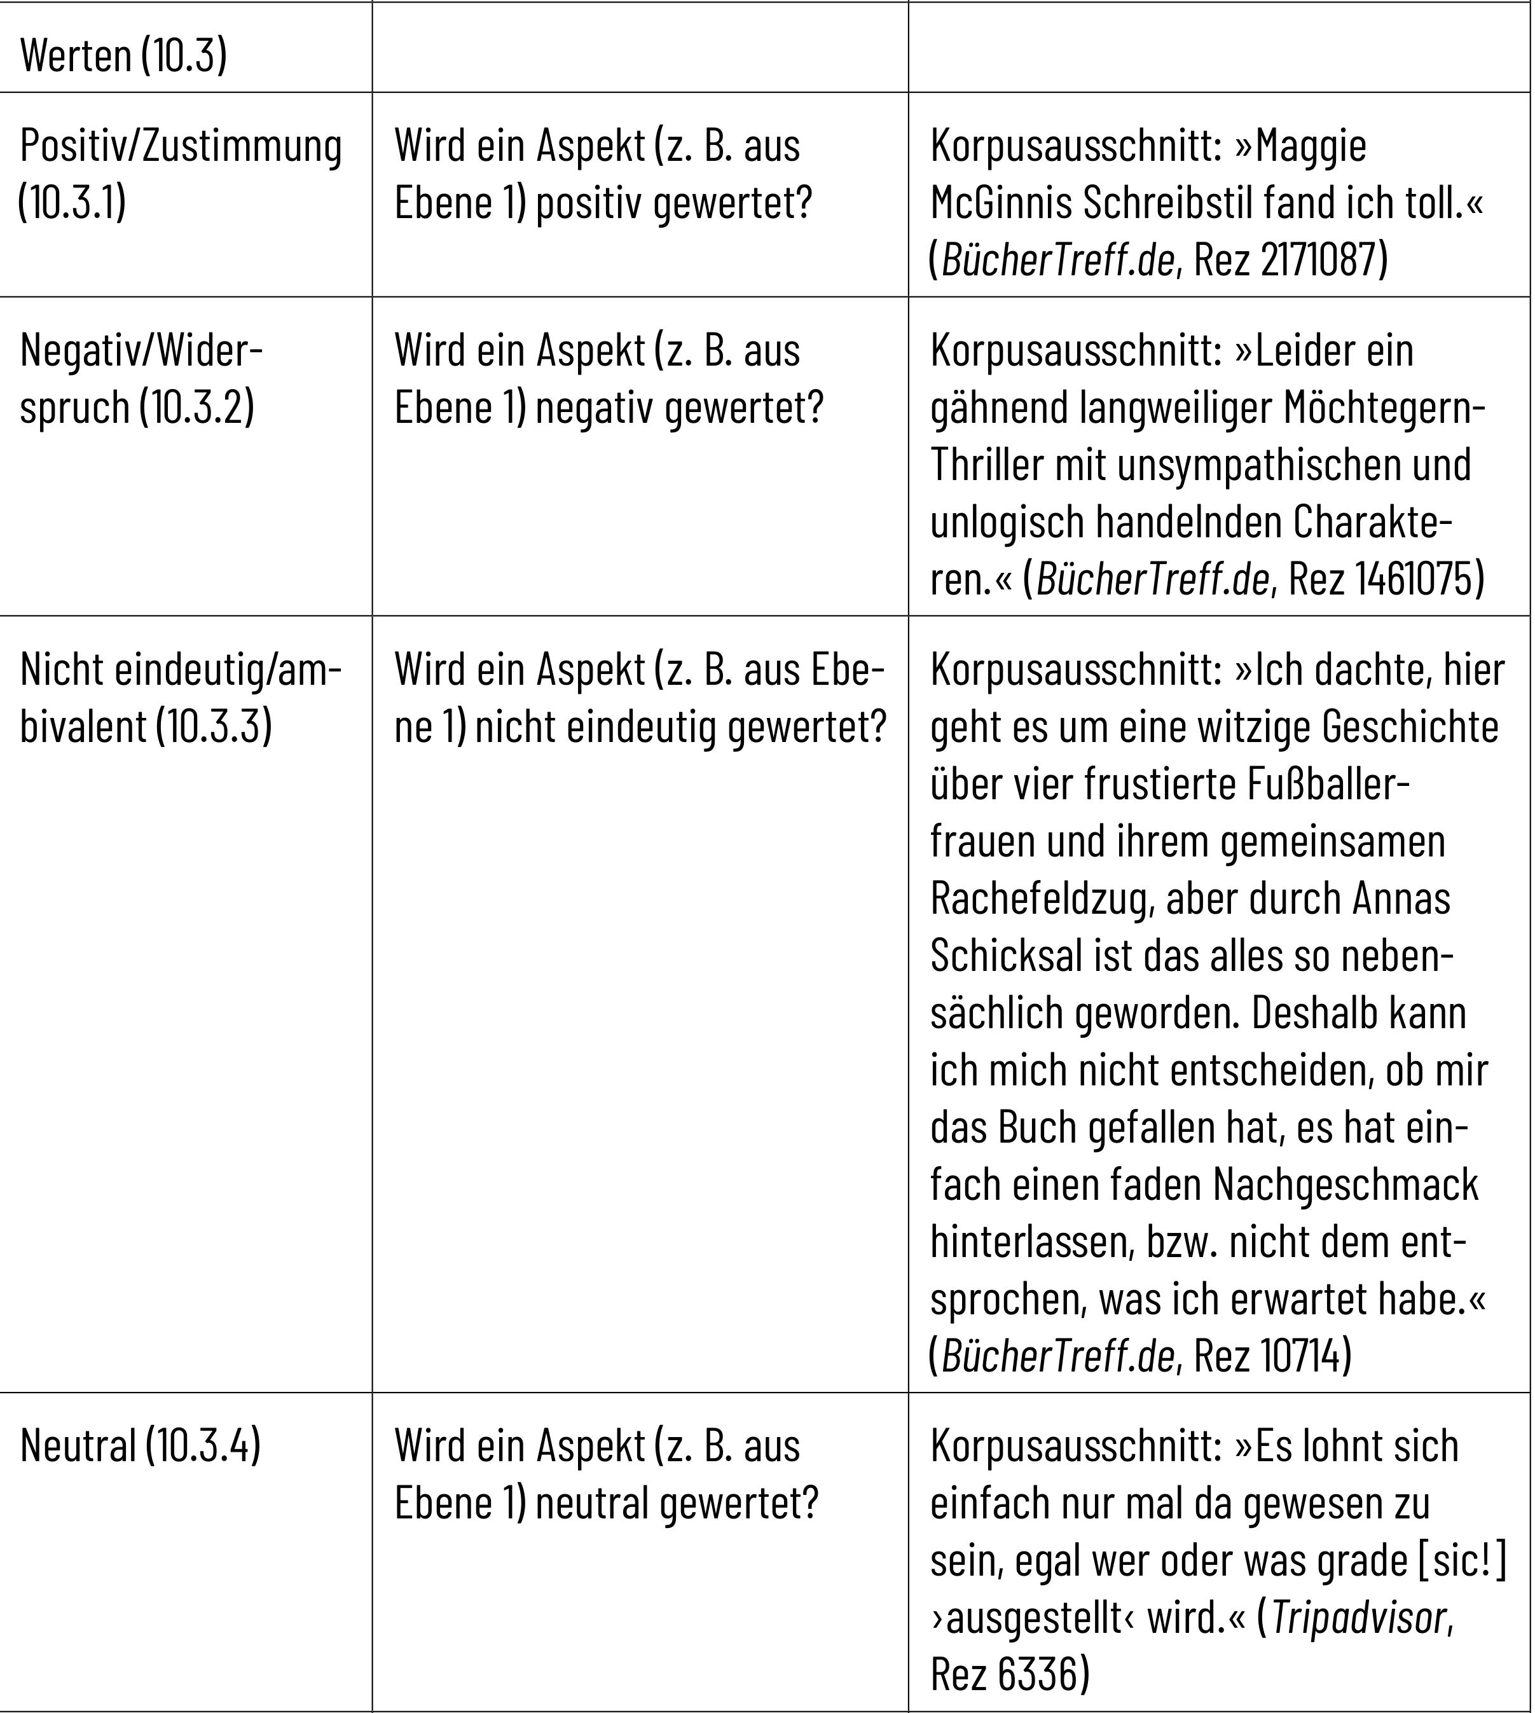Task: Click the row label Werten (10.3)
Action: pyautogui.click(x=123, y=56)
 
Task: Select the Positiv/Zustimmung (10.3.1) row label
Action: pyautogui.click(x=181, y=175)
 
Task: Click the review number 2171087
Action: pyautogui.click(x=1323, y=260)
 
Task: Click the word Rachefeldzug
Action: pyautogui.click(x=1041, y=899)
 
